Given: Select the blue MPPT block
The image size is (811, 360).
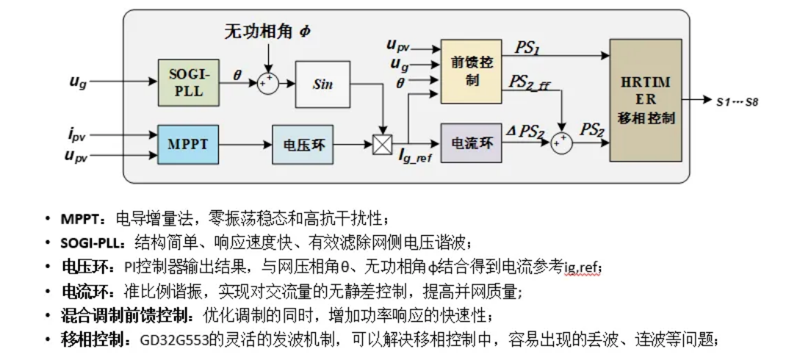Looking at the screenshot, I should (x=188, y=144).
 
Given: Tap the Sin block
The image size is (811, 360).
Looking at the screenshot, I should (x=322, y=84).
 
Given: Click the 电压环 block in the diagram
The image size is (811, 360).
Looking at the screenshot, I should (x=303, y=144).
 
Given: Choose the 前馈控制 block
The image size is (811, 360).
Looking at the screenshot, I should (x=471, y=71).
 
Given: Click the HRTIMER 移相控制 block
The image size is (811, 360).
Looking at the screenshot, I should (x=646, y=100).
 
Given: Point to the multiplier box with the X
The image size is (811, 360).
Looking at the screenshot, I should (x=382, y=145).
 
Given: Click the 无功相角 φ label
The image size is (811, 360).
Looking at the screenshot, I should (x=268, y=32).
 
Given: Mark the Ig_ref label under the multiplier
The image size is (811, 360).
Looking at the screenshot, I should (x=415, y=157).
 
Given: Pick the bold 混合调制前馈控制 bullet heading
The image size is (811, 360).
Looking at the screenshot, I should (x=129, y=315).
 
